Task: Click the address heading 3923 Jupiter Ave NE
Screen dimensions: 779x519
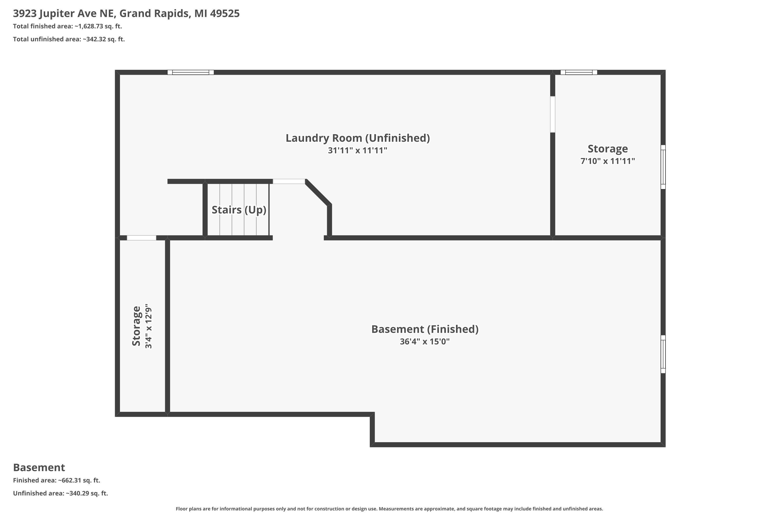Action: pos(126,13)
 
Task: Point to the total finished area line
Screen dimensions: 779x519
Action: pos(68,26)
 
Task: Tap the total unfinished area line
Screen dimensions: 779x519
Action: pos(69,39)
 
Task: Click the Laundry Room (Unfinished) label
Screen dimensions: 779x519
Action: pos(358,138)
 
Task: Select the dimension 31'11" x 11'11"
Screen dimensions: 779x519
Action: pos(358,151)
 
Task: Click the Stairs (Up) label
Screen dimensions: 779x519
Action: pos(239,210)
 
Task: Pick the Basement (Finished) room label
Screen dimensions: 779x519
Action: pos(425,329)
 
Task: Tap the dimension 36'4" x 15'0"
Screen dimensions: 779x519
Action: pos(425,342)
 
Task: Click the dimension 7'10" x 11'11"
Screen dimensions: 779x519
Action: pos(608,161)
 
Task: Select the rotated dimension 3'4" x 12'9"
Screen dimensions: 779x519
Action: pos(148,326)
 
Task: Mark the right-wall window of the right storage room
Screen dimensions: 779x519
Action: pos(663,167)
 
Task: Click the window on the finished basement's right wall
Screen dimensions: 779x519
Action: pos(663,354)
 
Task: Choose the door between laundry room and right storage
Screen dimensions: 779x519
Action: pos(553,114)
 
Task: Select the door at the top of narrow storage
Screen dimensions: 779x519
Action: pos(142,238)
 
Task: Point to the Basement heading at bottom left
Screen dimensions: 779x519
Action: pos(39,467)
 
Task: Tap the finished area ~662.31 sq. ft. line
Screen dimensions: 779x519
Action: pos(57,480)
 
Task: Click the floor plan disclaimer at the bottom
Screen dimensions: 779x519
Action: pos(389,509)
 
